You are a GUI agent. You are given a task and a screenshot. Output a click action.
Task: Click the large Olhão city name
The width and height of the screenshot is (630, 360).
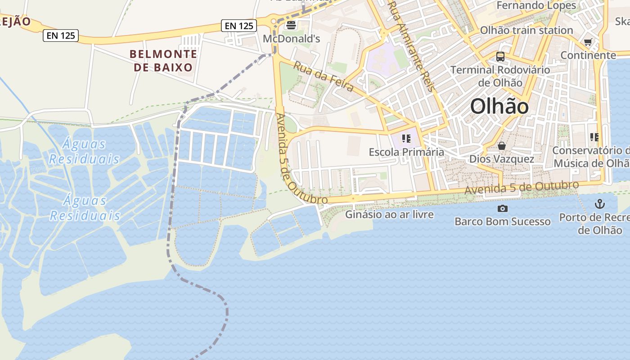pyautogui.click(x=499, y=107)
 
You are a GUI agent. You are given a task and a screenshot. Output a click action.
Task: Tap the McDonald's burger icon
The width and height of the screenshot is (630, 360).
pyautogui.click(x=291, y=25)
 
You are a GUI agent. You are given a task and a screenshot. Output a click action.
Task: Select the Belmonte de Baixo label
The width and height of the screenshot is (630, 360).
pyautogui.click(x=163, y=61)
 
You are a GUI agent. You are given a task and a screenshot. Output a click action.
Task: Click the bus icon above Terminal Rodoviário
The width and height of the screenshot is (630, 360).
pyautogui.click(x=500, y=57)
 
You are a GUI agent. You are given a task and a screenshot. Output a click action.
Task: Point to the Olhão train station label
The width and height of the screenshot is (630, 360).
pyautogui.click(x=526, y=30)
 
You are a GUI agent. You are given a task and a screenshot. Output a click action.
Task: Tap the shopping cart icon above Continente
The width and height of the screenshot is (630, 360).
pyautogui.click(x=588, y=43)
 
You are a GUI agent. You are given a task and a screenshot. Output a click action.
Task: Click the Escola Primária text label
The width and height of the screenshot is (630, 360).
pyautogui.click(x=406, y=152)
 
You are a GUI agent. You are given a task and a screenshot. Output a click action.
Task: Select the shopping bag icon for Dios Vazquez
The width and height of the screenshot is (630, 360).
pyautogui.click(x=502, y=146)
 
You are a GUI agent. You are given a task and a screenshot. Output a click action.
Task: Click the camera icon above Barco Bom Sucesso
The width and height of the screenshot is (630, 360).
pyautogui.click(x=502, y=208)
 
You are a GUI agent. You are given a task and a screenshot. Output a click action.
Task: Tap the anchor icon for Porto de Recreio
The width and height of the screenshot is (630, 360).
pyautogui.click(x=599, y=204)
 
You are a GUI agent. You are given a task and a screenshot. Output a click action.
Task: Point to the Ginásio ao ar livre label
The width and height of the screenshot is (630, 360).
pyautogui.click(x=389, y=214)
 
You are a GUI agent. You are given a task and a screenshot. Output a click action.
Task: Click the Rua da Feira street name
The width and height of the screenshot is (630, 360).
pyautogui.click(x=323, y=76)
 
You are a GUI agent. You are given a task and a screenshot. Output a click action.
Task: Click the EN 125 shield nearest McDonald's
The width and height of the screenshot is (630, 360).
pyautogui.click(x=239, y=26)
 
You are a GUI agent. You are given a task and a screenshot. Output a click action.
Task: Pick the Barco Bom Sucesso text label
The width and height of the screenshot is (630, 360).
pyautogui.click(x=502, y=221)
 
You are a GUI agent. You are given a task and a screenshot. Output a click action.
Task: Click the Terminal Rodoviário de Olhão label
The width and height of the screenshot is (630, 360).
pyautogui.click(x=500, y=76)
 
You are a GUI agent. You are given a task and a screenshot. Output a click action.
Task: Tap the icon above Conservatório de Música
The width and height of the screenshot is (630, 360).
pyautogui.click(x=594, y=137)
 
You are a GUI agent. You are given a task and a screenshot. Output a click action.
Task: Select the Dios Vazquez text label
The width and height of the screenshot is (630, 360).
pyautogui.click(x=502, y=159)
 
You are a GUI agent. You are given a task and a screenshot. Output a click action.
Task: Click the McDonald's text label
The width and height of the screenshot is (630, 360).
pyautogui.click(x=291, y=39)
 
